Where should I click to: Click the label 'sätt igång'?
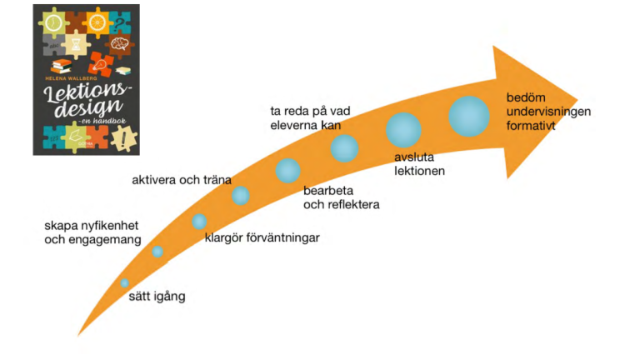click(x=157, y=297)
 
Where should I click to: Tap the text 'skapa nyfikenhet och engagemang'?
click(x=92, y=232)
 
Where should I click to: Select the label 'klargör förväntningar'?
click(x=262, y=238)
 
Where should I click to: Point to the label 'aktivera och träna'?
click(x=182, y=180)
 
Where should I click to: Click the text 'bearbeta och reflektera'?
click(x=341, y=197)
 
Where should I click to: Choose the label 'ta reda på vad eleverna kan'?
click(x=310, y=118)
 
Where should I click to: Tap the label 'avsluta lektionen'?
click(x=419, y=164)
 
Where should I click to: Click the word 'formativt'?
click(x=531, y=126)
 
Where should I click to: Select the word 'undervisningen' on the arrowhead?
click(x=548, y=112)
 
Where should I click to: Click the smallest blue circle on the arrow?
click(x=124, y=282)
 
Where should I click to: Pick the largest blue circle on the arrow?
click(x=469, y=117)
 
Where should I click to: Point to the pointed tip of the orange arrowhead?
click(x=577, y=100)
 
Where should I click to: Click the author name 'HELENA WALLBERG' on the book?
click(x=72, y=78)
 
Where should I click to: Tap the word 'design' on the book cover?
click(x=88, y=107)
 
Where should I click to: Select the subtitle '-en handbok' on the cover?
click(x=102, y=121)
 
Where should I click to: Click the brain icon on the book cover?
click(x=120, y=43)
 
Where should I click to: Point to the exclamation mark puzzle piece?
click(x=124, y=139)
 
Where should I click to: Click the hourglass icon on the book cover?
click(x=77, y=44)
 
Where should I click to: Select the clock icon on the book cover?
click(x=53, y=22)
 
